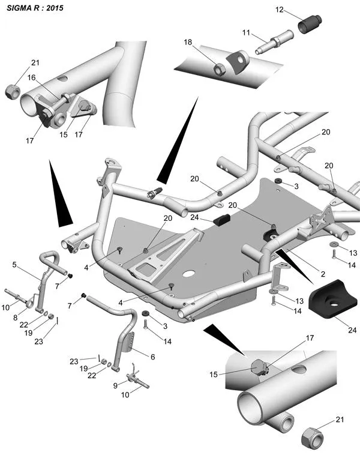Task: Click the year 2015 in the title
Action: coord(55,8)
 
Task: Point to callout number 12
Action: coord(280,10)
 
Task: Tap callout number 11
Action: coord(246,32)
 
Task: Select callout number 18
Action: coord(188,43)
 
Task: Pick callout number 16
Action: coord(31,77)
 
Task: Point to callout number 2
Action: coord(323,274)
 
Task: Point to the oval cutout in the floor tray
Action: coord(190,274)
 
